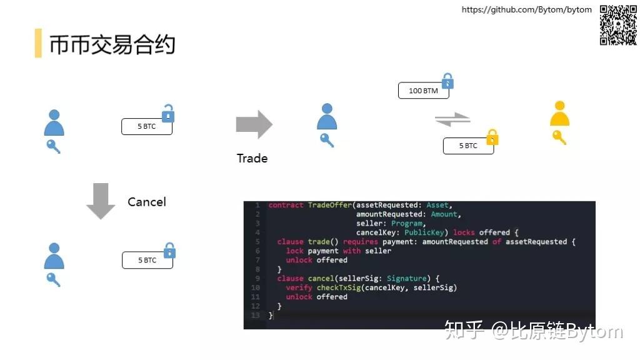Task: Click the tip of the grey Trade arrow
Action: tap(272, 124)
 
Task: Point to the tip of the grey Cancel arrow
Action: tap(101, 219)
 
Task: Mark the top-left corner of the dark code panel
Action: tap(244, 201)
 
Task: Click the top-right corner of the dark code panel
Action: tap(596, 201)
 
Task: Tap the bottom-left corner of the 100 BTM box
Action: tap(398, 98)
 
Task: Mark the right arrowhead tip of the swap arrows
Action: tap(470, 118)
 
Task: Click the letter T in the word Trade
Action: tap(240, 158)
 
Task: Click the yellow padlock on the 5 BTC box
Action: tap(492, 137)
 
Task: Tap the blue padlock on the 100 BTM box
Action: tap(447, 81)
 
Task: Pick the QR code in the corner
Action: tap(618, 24)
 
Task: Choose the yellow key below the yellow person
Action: tap(559, 137)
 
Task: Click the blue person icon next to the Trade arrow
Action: tap(327, 116)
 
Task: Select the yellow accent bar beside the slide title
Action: tap(38, 43)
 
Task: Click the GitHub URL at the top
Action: tap(526, 9)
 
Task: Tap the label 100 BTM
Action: tap(423, 91)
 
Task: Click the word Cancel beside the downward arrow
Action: tap(147, 202)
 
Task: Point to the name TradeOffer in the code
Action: tap(330, 205)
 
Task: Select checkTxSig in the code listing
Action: tap(339, 287)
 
